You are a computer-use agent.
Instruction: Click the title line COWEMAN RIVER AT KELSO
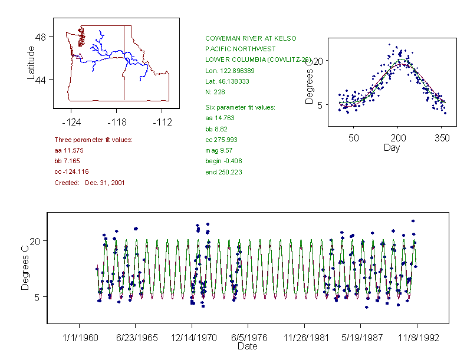pos(251,38)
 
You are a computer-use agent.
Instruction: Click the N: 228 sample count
pos(215,92)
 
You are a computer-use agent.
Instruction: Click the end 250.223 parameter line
pos(223,172)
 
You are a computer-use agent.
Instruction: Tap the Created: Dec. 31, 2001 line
pos(89,183)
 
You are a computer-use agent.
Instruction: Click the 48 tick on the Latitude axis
pos(41,37)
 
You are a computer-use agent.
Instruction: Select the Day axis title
pos(392,147)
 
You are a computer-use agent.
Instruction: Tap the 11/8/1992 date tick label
pos(417,338)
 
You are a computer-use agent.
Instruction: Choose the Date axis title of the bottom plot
pos(248,346)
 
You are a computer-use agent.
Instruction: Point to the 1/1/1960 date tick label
pos(79,338)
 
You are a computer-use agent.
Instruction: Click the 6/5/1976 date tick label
pos(248,338)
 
